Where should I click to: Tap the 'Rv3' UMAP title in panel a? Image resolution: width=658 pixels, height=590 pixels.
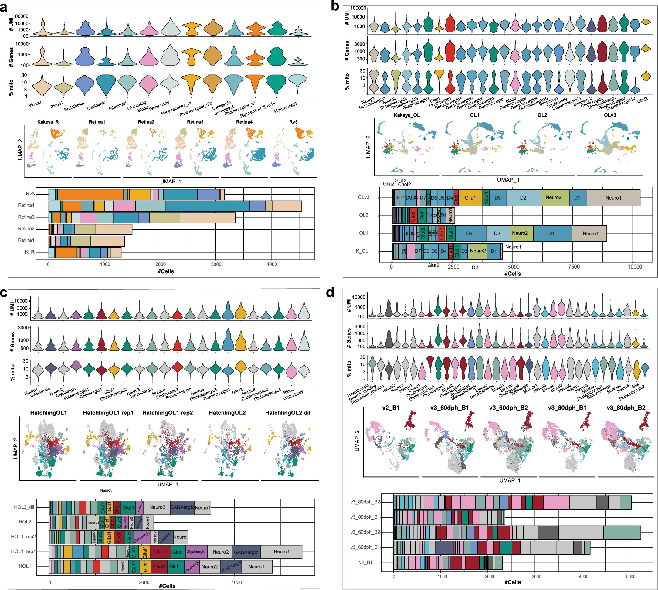pyautogui.click(x=293, y=122)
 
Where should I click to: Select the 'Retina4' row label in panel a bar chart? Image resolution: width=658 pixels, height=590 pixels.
pyautogui.click(x=26, y=205)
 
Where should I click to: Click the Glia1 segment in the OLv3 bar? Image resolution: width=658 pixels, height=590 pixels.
pyautogui.click(x=470, y=198)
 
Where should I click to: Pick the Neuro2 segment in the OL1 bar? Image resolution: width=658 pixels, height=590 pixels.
pyautogui.click(x=520, y=233)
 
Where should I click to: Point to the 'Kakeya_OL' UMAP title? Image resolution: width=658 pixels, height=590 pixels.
pyautogui.click(x=407, y=115)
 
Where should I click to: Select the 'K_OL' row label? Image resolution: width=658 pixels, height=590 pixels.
pyautogui.click(x=362, y=251)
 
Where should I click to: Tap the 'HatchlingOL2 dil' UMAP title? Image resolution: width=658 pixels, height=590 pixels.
pyautogui.click(x=288, y=413)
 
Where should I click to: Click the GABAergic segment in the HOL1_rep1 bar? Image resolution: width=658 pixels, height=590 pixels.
pyautogui.click(x=246, y=552)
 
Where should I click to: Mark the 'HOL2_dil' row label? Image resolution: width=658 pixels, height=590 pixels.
pyautogui.click(x=24, y=507)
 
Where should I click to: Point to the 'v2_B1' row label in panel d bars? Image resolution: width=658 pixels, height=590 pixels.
pyautogui.click(x=365, y=562)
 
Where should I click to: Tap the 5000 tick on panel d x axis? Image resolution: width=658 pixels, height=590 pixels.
pyautogui.click(x=630, y=577)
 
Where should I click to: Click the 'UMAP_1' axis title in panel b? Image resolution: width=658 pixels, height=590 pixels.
pyautogui.click(x=508, y=180)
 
